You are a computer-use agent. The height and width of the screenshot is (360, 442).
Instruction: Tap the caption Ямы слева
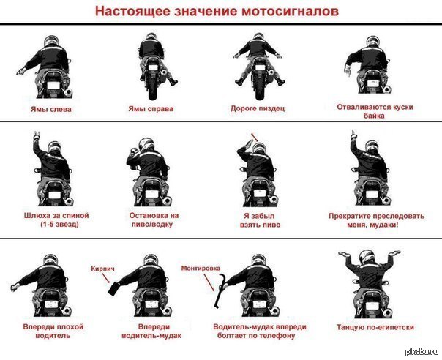pos(51,109)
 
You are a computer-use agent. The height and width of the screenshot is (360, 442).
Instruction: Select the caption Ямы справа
pos(151,109)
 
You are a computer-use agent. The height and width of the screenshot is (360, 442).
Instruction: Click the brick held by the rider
pos(114,288)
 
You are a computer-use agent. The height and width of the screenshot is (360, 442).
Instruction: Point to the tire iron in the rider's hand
pos(219,292)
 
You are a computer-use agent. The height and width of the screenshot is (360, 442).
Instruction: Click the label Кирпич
pos(103,269)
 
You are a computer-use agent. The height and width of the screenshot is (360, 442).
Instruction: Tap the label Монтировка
pos(201,268)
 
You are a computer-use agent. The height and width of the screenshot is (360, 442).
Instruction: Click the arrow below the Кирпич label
pos(106,278)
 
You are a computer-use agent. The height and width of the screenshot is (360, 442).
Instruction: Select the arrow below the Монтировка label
pos(209,282)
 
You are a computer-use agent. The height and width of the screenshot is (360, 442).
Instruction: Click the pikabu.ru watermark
pos(422,351)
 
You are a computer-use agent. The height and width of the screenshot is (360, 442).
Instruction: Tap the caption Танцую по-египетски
pos(375,327)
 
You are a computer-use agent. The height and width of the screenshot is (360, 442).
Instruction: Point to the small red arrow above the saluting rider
pos(254,137)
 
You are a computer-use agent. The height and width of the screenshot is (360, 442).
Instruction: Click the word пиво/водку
pos(152,225)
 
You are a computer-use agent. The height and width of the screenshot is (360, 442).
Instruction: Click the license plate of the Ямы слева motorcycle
pos(53,85)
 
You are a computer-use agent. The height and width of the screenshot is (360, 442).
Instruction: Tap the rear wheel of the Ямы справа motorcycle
pos(152,87)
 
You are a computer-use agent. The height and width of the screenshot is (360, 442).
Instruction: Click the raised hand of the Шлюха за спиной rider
pos(37,136)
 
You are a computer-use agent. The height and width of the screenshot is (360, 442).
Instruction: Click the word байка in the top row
pos(374,116)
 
